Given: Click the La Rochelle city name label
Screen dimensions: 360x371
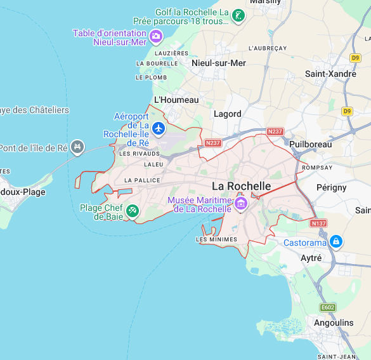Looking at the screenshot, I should [x=241, y=186].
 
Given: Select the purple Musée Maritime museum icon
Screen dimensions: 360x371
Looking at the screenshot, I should [x=241, y=204].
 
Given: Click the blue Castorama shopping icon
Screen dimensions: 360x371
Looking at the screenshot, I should [x=336, y=242].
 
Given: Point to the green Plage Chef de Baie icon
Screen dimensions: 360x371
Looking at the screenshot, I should [x=132, y=211].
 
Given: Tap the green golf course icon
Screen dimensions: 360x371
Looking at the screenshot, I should [x=238, y=16].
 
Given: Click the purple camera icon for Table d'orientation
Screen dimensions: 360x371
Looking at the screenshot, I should [x=156, y=37].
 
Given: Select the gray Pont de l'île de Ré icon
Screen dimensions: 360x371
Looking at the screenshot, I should [x=77, y=148].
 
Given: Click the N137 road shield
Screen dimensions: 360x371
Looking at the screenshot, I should [x=318, y=223].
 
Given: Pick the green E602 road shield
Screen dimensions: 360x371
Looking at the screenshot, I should [x=328, y=307].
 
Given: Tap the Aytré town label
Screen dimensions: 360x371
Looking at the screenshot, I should [x=311, y=258].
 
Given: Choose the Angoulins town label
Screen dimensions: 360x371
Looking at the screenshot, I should [x=334, y=323].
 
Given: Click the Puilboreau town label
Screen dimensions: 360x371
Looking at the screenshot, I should [x=310, y=144].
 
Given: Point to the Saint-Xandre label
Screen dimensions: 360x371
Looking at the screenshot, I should [x=330, y=74].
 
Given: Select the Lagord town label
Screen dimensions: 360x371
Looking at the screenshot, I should [x=228, y=114].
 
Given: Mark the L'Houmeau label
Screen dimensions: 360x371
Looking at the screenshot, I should [x=176, y=100].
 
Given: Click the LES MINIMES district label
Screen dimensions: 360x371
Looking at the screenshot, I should [x=217, y=239].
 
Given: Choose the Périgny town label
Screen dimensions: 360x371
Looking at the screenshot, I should [x=332, y=187].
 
